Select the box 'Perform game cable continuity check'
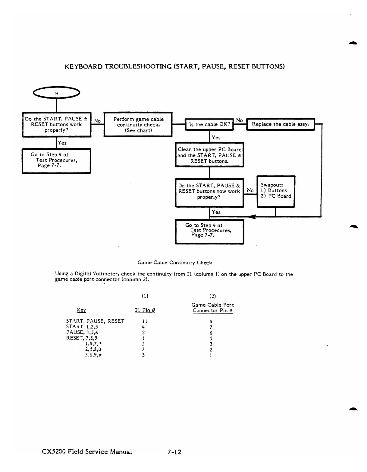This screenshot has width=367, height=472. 138,125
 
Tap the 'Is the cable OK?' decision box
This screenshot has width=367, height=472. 209,124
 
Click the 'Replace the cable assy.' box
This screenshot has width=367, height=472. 280,124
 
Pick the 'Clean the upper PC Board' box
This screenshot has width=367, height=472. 209,155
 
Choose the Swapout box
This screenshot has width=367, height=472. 276,191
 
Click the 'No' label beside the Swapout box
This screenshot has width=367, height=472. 250,190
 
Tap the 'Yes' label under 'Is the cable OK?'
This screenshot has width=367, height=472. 216,138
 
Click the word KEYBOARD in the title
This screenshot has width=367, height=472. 83,66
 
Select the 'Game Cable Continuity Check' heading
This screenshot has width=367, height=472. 174,263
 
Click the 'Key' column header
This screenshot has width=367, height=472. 81,310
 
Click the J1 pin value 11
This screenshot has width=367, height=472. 144,321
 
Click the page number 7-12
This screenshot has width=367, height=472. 174,452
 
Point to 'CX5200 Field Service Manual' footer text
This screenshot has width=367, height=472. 87,451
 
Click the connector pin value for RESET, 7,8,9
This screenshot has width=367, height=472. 211,338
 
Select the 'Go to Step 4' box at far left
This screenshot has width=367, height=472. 56,160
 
